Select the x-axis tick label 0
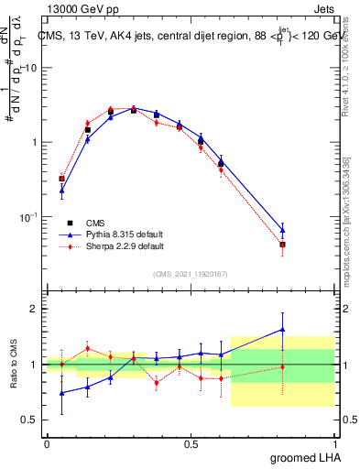(47, 443)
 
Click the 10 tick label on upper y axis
(30, 69)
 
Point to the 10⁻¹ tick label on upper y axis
(27, 216)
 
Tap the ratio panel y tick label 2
(34, 309)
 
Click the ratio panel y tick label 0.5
(29, 420)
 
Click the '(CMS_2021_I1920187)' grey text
(190, 273)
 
